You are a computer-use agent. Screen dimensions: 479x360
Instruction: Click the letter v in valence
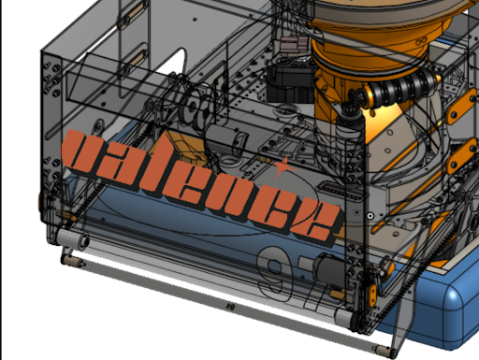click(x=83, y=153)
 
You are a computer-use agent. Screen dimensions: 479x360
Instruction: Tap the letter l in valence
click(x=152, y=163)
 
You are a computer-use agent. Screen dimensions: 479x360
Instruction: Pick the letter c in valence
click(x=275, y=211)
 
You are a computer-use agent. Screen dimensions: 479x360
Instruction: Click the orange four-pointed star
click(x=283, y=166)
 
